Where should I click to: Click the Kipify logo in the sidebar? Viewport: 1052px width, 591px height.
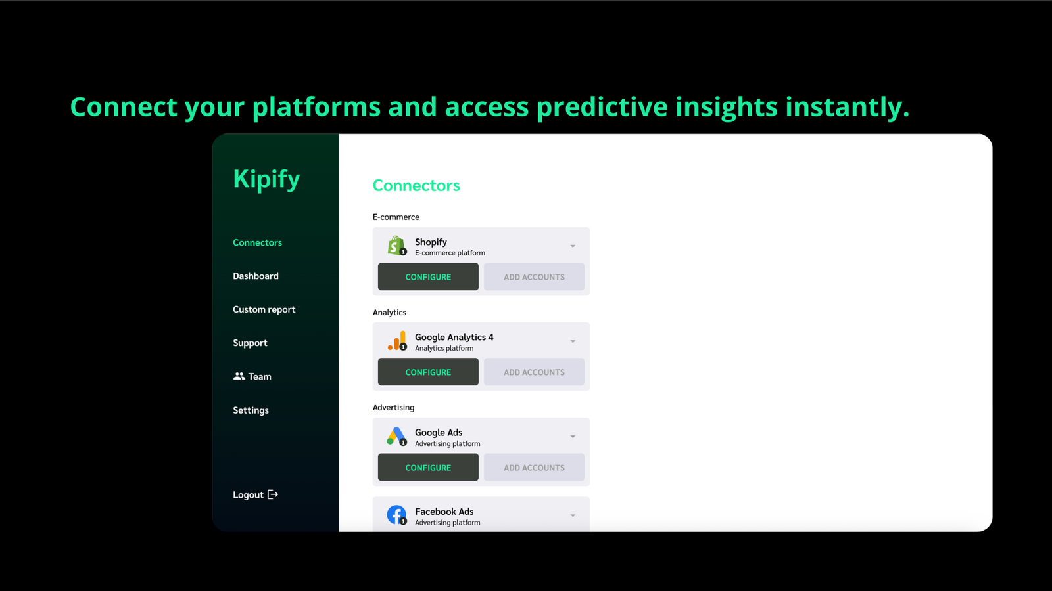[x=266, y=179]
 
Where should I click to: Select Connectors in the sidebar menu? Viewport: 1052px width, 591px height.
[x=257, y=242]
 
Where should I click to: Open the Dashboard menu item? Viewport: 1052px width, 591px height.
[x=256, y=276]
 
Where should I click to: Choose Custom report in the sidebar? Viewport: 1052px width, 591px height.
[x=264, y=309]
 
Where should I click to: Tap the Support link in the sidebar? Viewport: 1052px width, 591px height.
[x=250, y=343]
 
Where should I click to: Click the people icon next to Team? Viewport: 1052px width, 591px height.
[x=239, y=376]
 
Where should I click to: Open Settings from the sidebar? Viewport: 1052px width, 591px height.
[x=251, y=410]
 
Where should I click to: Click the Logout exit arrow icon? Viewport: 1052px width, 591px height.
[x=273, y=494]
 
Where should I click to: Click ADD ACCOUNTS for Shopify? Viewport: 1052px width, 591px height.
[x=534, y=276]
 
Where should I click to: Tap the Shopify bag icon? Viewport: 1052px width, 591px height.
[x=396, y=246]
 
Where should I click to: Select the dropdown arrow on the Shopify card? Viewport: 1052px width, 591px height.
[x=573, y=246]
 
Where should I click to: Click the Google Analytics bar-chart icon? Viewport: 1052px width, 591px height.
[x=397, y=341]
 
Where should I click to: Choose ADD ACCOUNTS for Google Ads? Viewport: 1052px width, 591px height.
[x=534, y=467]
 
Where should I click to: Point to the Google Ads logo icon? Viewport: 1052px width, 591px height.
[x=396, y=436]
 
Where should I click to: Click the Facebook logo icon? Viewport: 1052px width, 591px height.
[x=396, y=515]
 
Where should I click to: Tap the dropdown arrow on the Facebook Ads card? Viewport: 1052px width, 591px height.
[x=573, y=516]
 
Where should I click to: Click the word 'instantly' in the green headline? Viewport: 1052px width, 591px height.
[x=848, y=106]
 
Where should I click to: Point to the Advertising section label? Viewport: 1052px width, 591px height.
[x=394, y=408]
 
